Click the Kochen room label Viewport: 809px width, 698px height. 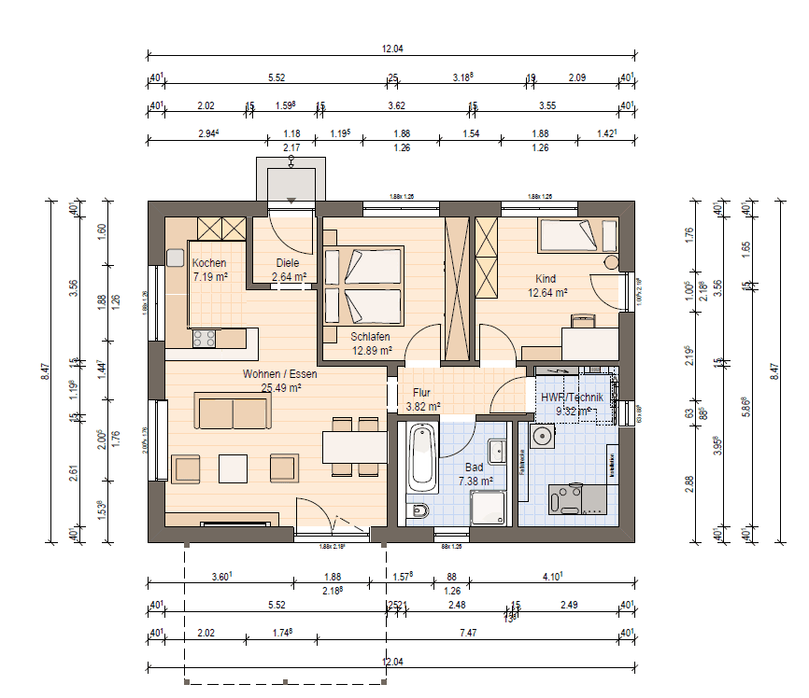pyautogui.click(x=208, y=264)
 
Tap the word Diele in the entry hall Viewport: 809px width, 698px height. pyautogui.click(x=288, y=264)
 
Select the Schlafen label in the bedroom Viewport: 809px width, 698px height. pyautogui.click(x=371, y=337)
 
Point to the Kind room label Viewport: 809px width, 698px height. pyautogui.click(x=546, y=279)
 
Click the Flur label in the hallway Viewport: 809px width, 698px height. pyautogui.click(x=421, y=393)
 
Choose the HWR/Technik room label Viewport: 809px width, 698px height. pyautogui.click(x=577, y=397)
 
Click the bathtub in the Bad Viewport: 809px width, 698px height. pyautogui.click(x=423, y=458)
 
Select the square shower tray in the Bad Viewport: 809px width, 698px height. pyautogui.click(x=489, y=509)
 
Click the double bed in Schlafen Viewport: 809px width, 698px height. pyautogui.click(x=362, y=286)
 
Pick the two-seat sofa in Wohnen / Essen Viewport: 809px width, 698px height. pyautogui.click(x=233, y=412)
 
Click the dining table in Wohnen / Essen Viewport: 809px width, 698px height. pyautogui.click(x=355, y=447)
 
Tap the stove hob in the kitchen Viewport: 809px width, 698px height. pyautogui.click(x=204, y=340)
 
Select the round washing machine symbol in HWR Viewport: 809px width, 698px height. pyautogui.click(x=541, y=437)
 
